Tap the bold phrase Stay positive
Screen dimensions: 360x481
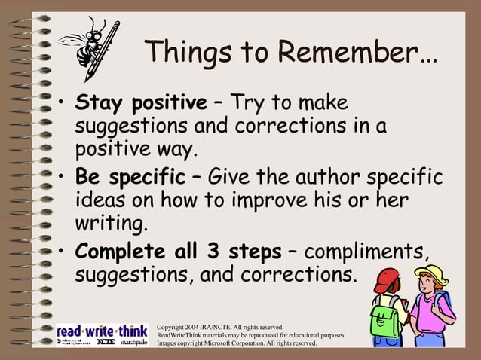point(140,102)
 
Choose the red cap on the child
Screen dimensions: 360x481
point(387,279)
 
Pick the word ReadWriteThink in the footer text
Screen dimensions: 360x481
point(182,335)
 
